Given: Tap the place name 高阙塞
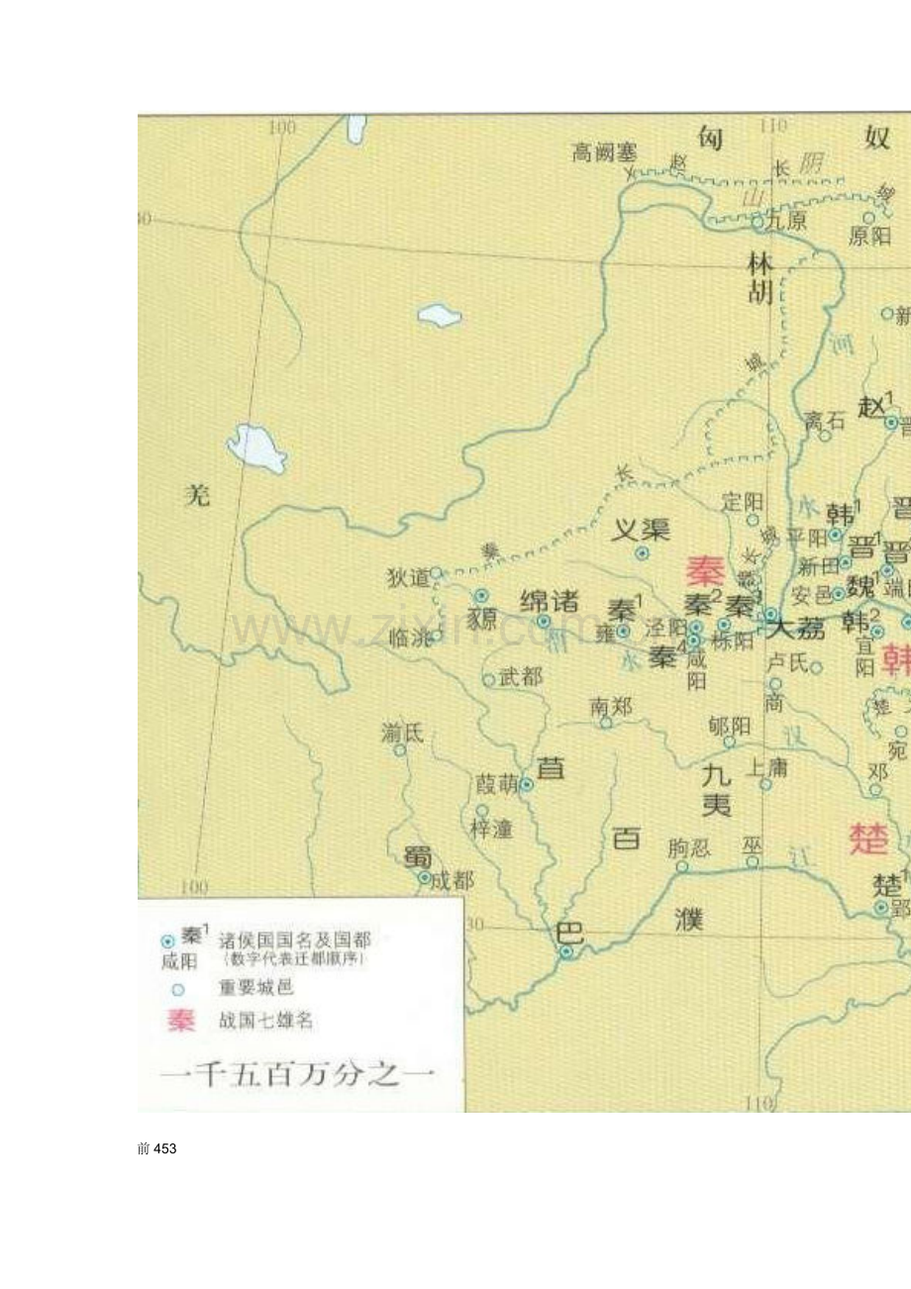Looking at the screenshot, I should (604, 152).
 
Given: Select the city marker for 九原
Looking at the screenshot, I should (759, 224).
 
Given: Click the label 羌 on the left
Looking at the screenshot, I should (199, 495).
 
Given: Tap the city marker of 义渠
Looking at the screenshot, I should (642, 554).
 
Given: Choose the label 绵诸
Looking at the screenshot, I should (550, 601).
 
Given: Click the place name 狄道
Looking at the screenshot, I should (408, 577).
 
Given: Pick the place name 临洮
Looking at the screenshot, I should (407, 638).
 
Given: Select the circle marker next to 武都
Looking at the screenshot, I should (488, 680).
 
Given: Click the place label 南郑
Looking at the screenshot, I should (611, 706).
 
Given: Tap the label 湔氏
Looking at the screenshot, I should (401, 733).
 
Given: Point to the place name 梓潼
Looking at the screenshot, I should (492, 829).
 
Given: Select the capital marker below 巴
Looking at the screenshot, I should (565, 951).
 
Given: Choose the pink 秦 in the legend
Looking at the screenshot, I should (181, 1021).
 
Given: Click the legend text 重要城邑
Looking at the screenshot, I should (256, 987).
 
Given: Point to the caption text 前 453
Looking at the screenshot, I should (157, 1148).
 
